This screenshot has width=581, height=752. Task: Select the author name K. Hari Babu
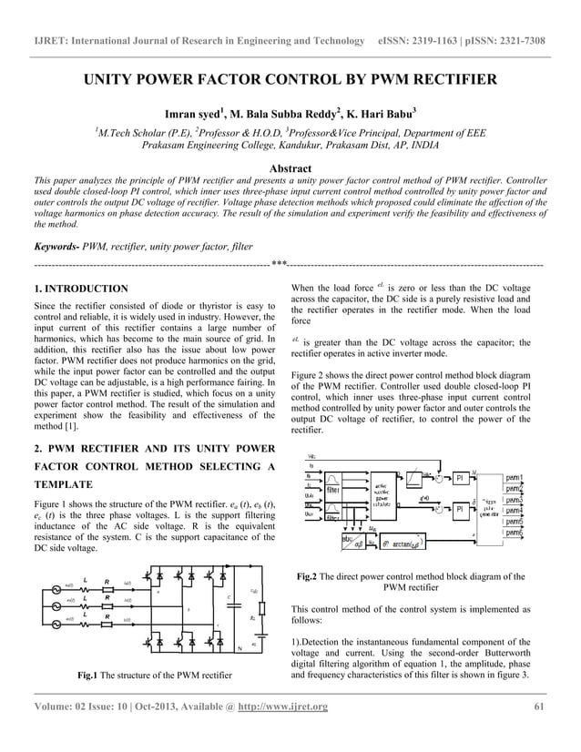[x=376, y=115]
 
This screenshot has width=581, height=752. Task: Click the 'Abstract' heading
[x=290, y=168]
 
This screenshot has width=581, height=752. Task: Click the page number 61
[x=538, y=708]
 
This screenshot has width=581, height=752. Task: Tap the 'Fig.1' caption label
[x=87, y=675]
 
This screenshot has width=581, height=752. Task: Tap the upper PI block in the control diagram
[x=461, y=477]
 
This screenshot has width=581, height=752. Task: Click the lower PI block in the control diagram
[x=461, y=508]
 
